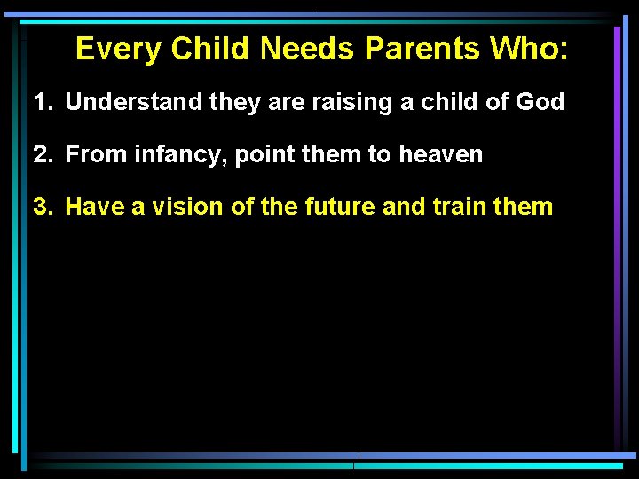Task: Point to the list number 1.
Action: point(41,103)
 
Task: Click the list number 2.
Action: point(41,155)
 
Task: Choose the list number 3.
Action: point(41,208)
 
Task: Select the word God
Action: point(539,103)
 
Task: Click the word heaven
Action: point(441,155)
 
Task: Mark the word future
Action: point(341,208)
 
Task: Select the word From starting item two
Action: point(91,155)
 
